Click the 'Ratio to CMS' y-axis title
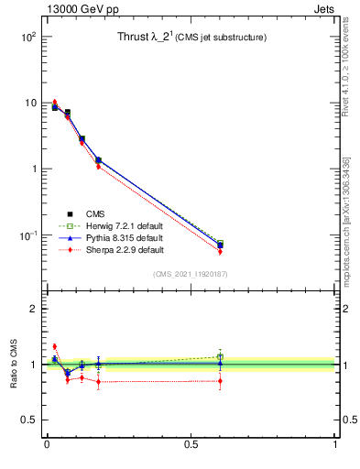pos(14,364)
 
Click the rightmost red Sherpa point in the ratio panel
pos(220,381)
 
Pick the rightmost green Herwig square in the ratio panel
pos(220,356)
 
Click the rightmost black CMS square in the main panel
pos(220,245)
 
